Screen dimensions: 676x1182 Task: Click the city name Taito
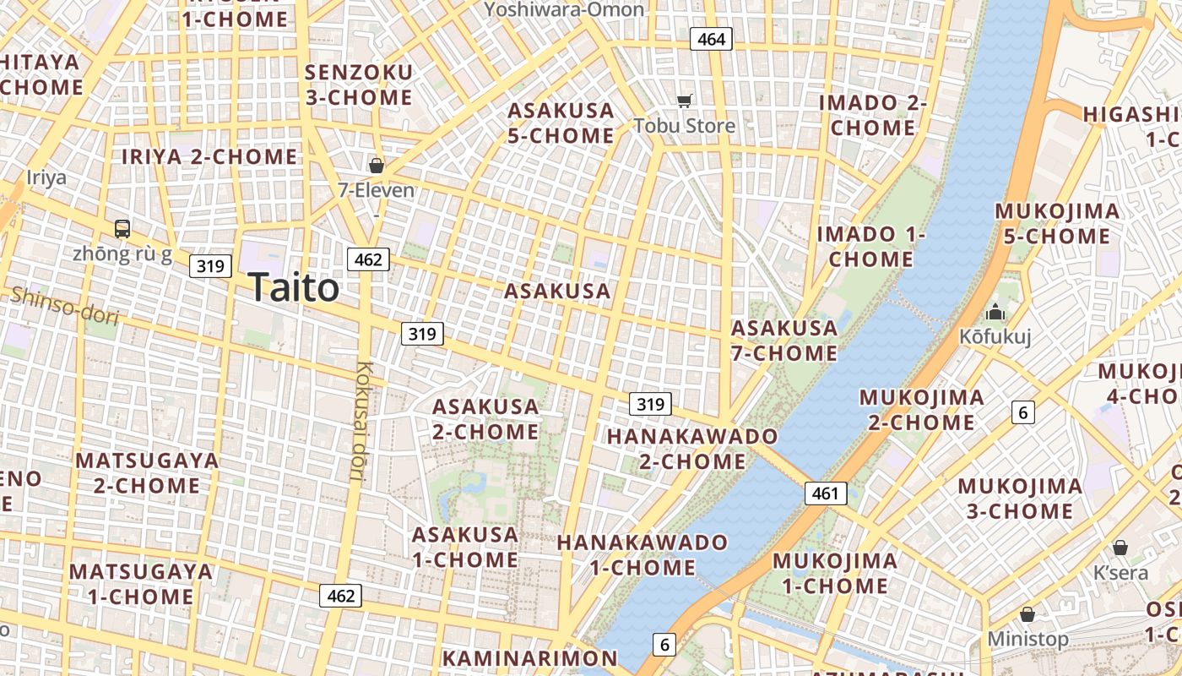294,288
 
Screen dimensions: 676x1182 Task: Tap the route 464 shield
711,39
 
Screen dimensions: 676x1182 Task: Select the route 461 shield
825,493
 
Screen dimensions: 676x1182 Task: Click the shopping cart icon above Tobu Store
685,101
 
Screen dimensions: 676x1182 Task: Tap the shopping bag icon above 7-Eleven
377,166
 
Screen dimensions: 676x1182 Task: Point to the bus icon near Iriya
122,228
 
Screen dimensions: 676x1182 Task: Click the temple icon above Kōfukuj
995,312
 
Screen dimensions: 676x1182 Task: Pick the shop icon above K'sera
1120,548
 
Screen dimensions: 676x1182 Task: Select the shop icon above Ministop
1027,614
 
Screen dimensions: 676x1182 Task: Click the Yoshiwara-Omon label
565,9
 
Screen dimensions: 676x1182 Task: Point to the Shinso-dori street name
64,306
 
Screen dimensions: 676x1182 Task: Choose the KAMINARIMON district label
530,658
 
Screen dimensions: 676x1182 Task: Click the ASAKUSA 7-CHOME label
784,341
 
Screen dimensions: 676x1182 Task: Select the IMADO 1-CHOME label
871,247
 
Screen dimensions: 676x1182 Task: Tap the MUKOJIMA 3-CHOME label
1020,499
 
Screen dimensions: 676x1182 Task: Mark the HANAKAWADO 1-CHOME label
643,555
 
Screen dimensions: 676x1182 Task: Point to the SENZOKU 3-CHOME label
359,84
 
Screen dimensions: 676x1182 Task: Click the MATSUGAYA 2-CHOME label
148,473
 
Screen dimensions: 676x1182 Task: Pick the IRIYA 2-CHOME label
209,157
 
